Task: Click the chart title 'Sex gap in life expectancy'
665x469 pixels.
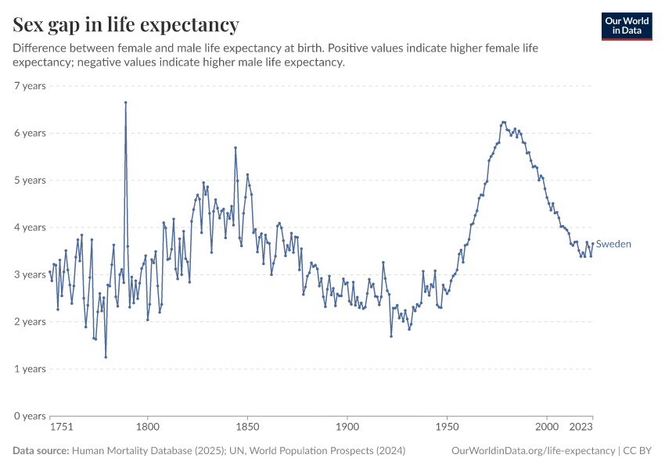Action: [x=126, y=24]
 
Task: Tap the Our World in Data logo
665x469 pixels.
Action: [x=626, y=26]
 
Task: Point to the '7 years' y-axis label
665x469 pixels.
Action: [x=30, y=86]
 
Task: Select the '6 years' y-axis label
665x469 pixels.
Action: [x=30, y=133]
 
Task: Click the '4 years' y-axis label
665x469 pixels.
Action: [x=30, y=227]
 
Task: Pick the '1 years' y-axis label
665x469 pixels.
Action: [x=30, y=369]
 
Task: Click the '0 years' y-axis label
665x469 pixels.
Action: [x=30, y=416]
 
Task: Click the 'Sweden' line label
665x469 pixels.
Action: [x=613, y=244]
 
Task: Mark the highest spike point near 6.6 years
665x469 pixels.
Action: [x=125, y=102]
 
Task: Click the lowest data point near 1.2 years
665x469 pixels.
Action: [x=106, y=357]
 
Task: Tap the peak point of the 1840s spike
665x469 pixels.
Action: [x=235, y=148]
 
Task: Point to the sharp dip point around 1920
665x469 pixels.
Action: [x=391, y=336]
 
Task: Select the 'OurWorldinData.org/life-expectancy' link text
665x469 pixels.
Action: [x=534, y=451]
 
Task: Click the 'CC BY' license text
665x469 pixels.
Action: [x=638, y=451]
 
